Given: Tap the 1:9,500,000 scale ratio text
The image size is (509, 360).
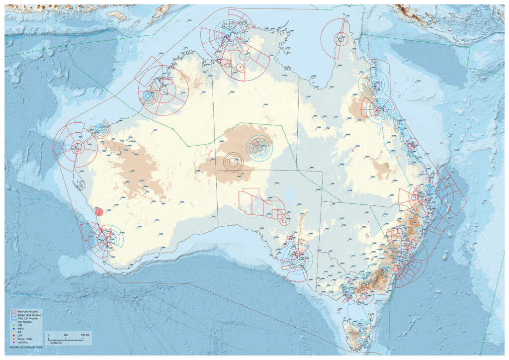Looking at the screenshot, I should pos(55,343).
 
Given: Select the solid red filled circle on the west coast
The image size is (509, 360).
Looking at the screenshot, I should pos(99,212).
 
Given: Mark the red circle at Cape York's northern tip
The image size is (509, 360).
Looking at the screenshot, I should pos(340,37).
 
